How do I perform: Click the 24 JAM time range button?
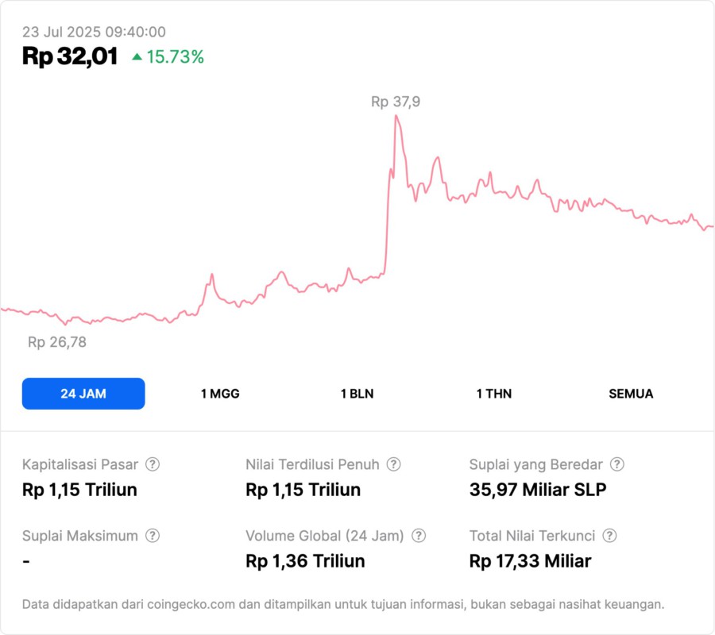tap(83, 394)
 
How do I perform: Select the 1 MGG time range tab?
tap(220, 394)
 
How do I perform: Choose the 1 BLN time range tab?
tap(357, 394)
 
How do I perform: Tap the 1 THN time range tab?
tap(494, 394)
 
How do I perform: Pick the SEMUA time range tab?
tap(631, 394)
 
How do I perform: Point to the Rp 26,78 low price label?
tap(57, 342)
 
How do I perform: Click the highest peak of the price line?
tap(396, 116)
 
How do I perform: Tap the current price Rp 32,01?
tap(70, 56)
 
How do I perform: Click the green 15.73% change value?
tap(175, 57)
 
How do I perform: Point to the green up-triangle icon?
tap(137, 57)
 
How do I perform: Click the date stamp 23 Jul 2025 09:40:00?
tap(94, 32)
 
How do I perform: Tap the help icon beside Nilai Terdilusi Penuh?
tap(393, 464)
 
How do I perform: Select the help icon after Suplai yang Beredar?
tap(616, 464)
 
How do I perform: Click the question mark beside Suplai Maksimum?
tap(153, 536)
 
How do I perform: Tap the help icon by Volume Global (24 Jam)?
tap(419, 536)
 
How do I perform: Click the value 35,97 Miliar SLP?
tap(538, 490)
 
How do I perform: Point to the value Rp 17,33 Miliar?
tap(530, 561)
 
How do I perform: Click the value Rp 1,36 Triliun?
tap(305, 561)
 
